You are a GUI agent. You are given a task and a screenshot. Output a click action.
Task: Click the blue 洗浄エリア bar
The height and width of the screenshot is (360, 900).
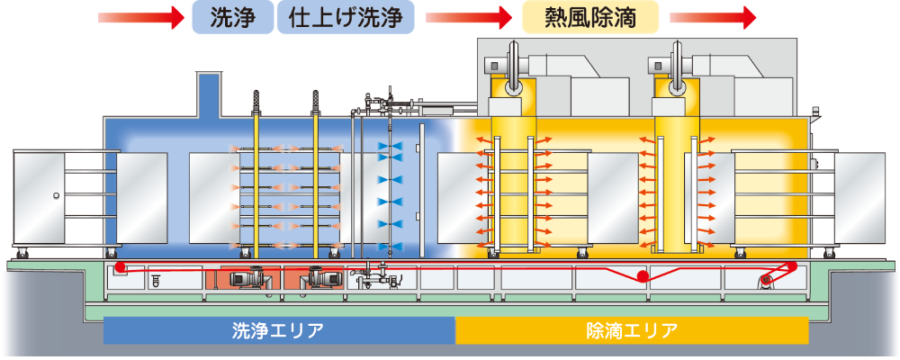279,330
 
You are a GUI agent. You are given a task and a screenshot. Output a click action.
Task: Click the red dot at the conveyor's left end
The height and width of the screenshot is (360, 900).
120,268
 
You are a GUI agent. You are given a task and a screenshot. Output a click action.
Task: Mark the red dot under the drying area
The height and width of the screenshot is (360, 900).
642,275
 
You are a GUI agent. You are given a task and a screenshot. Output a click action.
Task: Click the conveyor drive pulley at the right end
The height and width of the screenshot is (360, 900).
766,281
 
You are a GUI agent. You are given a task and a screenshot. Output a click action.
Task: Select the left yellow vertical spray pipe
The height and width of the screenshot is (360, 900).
256,180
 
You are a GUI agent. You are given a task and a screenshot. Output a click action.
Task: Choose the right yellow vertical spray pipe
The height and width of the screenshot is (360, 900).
316,180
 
